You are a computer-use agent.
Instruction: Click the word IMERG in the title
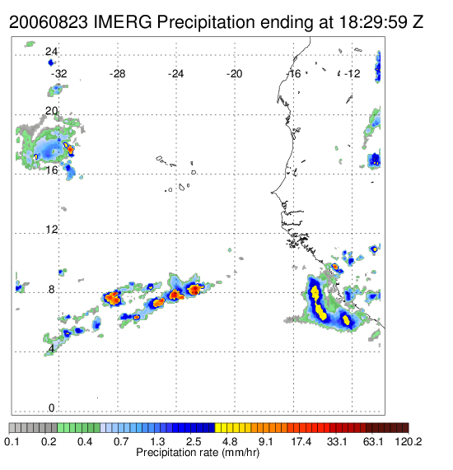[123, 22]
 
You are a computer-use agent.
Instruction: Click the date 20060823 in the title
[49, 22]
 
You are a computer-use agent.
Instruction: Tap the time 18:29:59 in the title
[373, 22]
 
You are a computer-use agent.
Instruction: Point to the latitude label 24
[51, 52]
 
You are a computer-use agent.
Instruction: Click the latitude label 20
[51, 111]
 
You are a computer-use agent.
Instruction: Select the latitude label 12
[51, 230]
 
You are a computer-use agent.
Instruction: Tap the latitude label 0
[52, 408]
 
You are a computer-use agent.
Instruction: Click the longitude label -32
[58, 74]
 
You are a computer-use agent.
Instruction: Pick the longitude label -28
[117, 74]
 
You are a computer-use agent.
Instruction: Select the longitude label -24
[175, 74]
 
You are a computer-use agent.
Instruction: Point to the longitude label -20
[234, 74]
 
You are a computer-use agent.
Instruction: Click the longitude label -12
[352, 74]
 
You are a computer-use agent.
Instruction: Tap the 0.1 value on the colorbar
[12, 441]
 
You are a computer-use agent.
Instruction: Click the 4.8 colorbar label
[230, 441]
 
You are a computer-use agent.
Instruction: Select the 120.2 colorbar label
[409, 441]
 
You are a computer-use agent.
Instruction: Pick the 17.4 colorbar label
[301, 441]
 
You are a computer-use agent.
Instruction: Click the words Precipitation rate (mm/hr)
[198, 453]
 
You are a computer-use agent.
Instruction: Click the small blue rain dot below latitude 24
[50, 63]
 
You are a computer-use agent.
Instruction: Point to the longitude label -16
[293, 74]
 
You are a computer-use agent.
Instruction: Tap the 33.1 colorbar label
[337, 441]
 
